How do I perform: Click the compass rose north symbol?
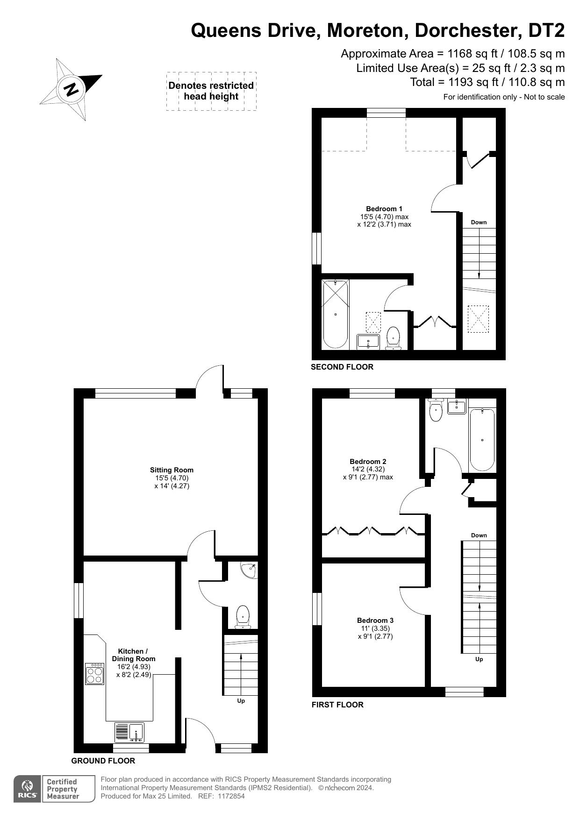pos(71,89)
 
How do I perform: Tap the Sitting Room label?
pos(172,470)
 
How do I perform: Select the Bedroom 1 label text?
pos(384,209)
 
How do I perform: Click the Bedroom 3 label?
pos(375,620)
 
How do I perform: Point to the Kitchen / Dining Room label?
pos(134,655)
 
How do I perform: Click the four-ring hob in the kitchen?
pos(95,674)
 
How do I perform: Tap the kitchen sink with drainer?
pos(130,732)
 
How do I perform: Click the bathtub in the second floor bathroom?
pos(335,314)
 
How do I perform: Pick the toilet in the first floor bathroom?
pos(436,411)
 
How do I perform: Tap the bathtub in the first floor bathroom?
pos(482,439)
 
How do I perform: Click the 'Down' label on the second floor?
pos(479,222)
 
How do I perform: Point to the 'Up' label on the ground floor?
pos(241,701)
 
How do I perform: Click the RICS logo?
pos(27,789)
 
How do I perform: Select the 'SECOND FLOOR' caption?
pos(342,367)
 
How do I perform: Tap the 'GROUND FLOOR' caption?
pos(103,761)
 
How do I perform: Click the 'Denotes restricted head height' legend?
pos(211,91)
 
